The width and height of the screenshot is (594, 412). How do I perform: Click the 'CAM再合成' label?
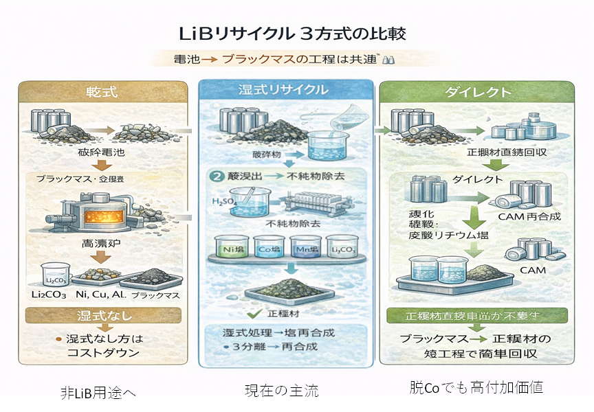tap(529, 217)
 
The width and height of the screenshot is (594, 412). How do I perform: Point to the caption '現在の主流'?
tap(282, 391)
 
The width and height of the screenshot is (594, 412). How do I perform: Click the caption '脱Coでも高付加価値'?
tap(476, 387)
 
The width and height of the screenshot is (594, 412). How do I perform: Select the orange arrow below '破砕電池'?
tap(102, 165)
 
